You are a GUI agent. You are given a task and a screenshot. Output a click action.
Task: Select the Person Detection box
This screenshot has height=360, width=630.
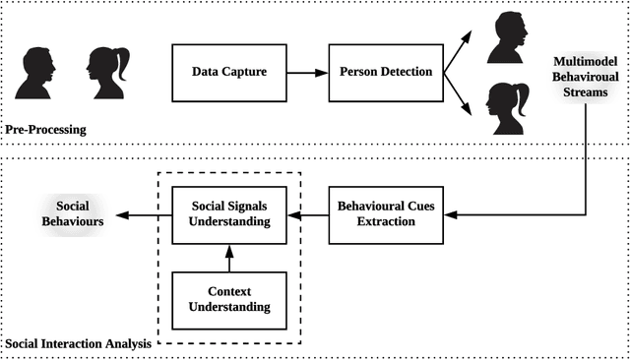385,73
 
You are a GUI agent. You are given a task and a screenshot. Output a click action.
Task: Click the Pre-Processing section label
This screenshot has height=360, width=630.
44,129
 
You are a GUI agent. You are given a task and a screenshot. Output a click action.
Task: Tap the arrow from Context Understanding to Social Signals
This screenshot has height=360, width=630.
228,259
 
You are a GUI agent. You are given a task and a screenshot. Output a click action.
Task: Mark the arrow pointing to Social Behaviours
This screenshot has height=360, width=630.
144,214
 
